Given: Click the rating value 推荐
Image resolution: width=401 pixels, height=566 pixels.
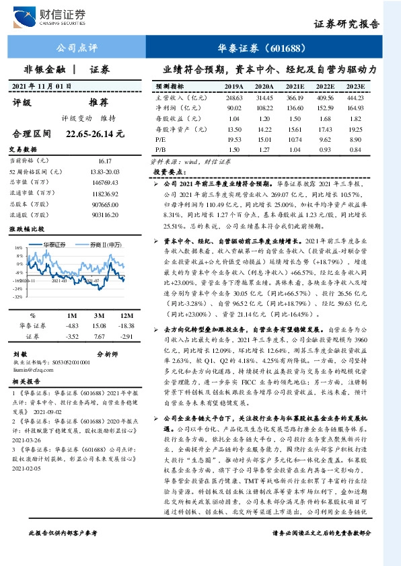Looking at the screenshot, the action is pos(99,103).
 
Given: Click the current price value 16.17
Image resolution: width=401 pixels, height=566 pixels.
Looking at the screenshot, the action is pos(104,161).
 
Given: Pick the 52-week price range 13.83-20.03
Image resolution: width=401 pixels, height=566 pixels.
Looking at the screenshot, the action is pos(104,173).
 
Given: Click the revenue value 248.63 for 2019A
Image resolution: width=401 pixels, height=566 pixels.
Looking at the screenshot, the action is pos(233,97).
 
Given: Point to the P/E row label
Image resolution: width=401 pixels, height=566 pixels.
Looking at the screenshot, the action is pos(161,138).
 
